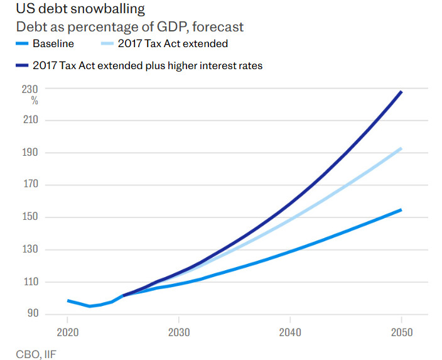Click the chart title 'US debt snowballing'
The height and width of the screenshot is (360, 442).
click(x=80, y=9)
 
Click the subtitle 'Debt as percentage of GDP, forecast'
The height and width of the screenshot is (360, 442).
click(x=129, y=27)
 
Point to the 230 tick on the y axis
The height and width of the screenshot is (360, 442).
click(x=31, y=89)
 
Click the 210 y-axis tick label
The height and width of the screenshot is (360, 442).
click(x=31, y=121)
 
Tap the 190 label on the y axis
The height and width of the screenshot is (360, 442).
click(x=31, y=153)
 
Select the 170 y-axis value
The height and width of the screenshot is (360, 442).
click(x=31, y=185)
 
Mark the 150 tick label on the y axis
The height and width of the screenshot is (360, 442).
click(x=31, y=217)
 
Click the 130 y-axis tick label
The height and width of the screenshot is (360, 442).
click(x=31, y=249)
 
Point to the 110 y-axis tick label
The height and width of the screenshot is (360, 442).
click(x=31, y=281)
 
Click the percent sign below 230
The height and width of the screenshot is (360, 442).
click(x=35, y=101)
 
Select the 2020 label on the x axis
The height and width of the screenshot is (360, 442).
click(x=68, y=332)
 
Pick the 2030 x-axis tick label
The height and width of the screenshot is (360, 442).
click(x=179, y=332)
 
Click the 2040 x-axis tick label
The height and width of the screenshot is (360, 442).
click(x=290, y=332)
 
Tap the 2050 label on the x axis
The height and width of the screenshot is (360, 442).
click(x=401, y=332)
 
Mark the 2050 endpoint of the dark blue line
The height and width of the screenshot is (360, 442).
click(x=401, y=92)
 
